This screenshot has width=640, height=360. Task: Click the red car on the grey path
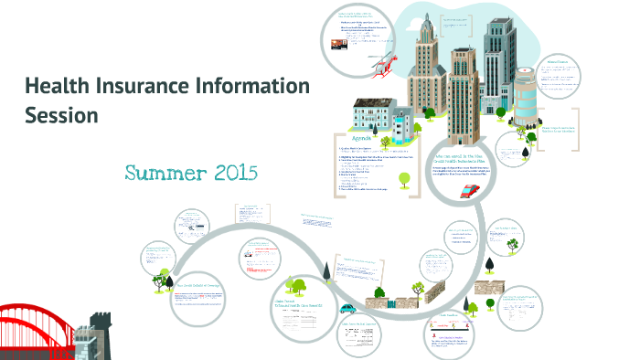(x=470, y=190)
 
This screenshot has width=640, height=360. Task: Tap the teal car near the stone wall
(x=347, y=309)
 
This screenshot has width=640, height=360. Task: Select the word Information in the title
(x=257, y=88)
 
